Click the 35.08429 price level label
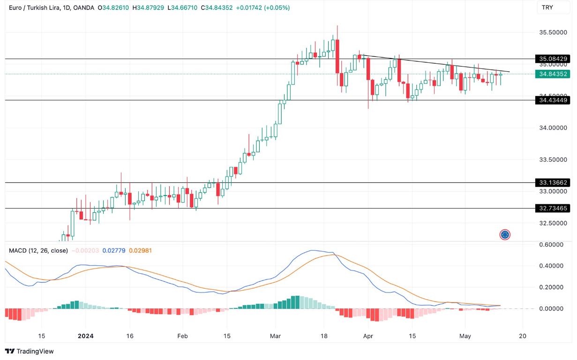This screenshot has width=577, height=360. (x=553, y=59)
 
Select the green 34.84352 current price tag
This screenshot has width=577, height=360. (x=553, y=74)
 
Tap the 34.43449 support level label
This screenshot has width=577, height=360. (x=553, y=100)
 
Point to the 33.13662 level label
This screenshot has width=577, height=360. (x=553, y=182)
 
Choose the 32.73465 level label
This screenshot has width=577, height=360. (x=553, y=208)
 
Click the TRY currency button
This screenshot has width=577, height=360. (x=547, y=7)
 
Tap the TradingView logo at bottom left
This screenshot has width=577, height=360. (x=29, y=351)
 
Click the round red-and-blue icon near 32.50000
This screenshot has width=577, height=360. (x=505, y=234)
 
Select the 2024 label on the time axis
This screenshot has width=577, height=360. (x=86, y=336)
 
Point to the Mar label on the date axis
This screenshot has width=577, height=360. (x=276, y=336)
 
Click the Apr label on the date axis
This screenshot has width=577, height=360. (x=368, y=336)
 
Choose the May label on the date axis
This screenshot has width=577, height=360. (x=465, y=336)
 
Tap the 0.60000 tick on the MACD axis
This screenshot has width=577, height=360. (x=552, y=245)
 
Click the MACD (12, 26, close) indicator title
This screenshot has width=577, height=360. (x=38, y=250)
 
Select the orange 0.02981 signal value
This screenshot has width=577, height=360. (x=141, y=250)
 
